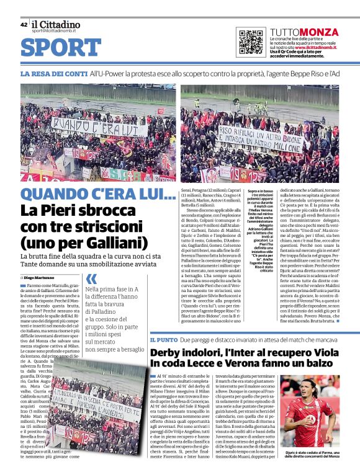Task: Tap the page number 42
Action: [x=24, y=25]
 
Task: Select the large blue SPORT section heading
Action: [x=61, y=48]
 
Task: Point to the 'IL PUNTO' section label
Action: [x=163, y=340]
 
